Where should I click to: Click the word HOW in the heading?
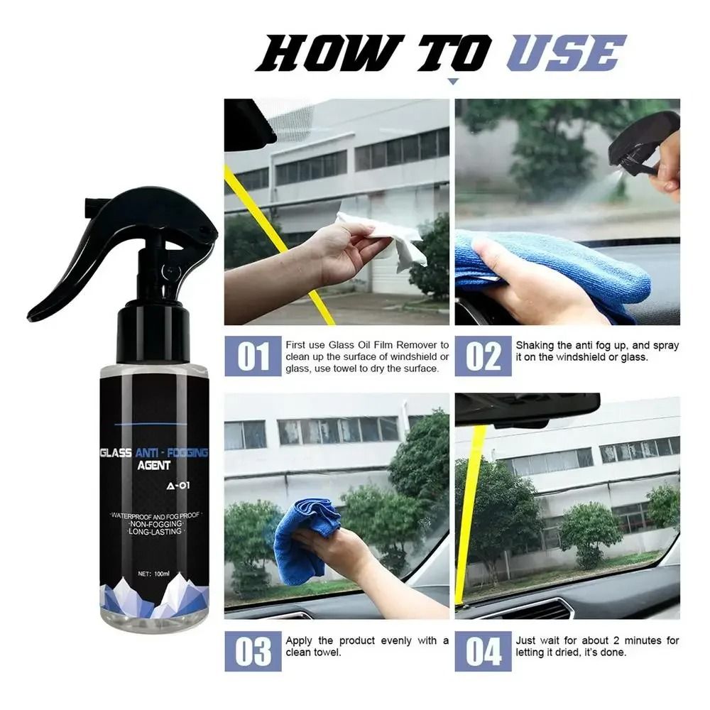321,54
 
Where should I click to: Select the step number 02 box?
483,356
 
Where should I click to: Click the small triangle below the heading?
452,82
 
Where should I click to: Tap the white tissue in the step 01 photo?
383,238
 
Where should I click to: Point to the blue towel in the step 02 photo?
554,266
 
